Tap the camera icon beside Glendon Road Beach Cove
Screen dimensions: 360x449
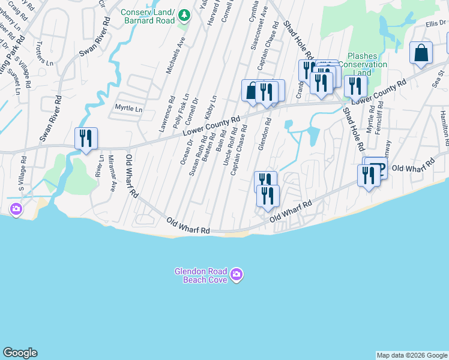point(237,275)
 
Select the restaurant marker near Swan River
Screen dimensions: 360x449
point(85,138)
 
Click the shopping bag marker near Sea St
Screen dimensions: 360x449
point(421,53)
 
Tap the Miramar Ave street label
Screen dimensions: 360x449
point(112,173)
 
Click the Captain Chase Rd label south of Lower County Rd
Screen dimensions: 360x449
point(239,150)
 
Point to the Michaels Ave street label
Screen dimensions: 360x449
point(176,53)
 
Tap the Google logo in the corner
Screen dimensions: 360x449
point(20,353)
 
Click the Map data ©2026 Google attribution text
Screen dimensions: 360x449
point(412,355)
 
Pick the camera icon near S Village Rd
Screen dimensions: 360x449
point(16,209)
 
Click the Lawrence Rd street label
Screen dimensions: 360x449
point(167,114)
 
